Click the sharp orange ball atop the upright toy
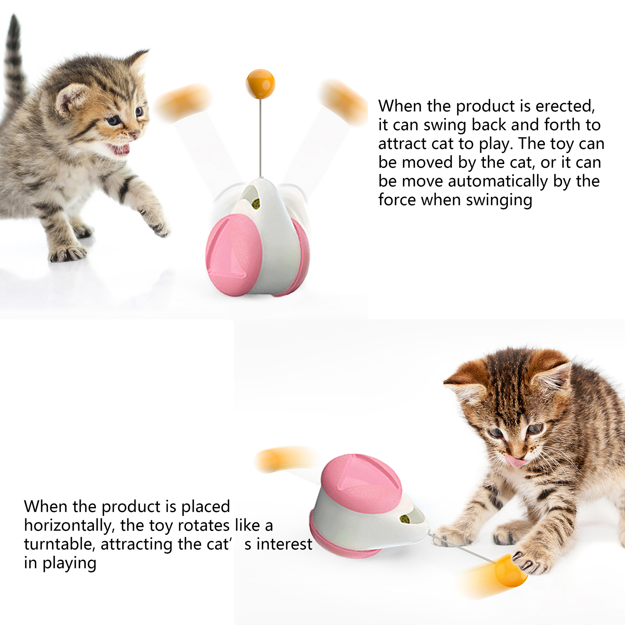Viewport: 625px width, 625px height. click(x=260, y=84)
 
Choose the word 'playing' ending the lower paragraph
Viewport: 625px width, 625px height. click(x=69, y=563)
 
